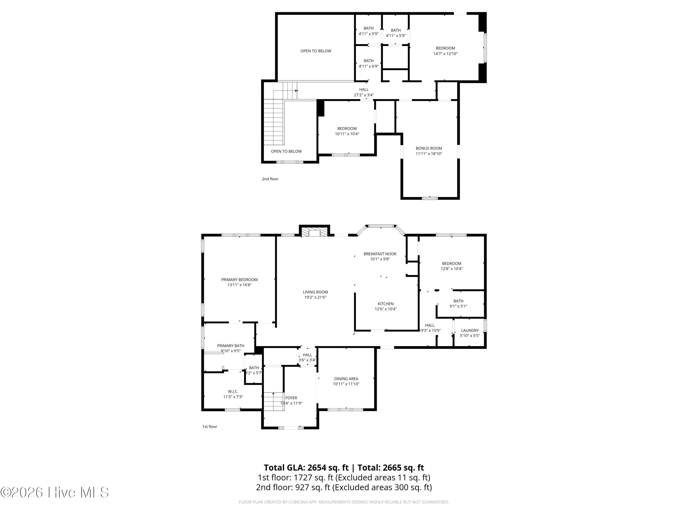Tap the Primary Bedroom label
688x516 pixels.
(239, 280)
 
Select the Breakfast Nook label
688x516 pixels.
(380, 254)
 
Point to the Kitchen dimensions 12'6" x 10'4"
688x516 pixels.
(386, 309)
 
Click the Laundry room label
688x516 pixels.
(470, 330)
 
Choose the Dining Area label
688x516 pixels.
(346, 379)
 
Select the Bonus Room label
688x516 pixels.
(429, 148)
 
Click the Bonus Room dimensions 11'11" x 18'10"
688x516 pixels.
(429, 153)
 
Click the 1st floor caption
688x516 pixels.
(210, 426)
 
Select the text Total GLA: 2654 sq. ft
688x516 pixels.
(306, 467)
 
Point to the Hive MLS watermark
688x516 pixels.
(55, 492)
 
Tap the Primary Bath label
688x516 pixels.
(231, 346)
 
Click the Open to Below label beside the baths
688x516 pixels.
(316, 51)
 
